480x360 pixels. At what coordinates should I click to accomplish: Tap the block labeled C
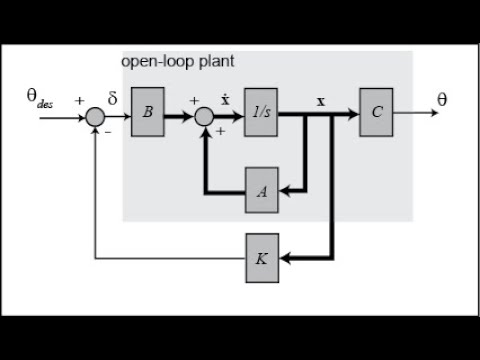pyautogui.click(x=376, y=112)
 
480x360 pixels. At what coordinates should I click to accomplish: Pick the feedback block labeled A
pyautogui.click(x=261, y=190)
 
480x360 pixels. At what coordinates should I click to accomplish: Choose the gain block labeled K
pyautogui.click(x=261, y=257)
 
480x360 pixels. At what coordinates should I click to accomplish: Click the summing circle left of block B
pyautogui.click(x=95, y=117)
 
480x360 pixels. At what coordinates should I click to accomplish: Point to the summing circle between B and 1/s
pyautogui.click(x=204, y=117)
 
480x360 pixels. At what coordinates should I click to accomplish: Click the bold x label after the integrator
pyautogui.click(x=320, y=102)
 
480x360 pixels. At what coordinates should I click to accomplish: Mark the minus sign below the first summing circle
pyautogui.click(x=108, y=131)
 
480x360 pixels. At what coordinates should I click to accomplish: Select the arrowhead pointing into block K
pyautogui.click(x=284, y=257)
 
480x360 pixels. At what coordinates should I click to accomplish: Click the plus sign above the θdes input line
pyautogui.click(x=79, y=100)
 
